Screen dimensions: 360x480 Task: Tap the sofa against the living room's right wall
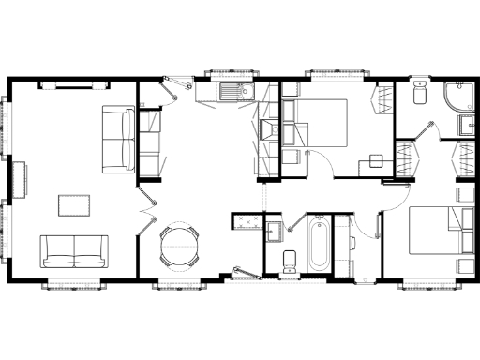point(119,140)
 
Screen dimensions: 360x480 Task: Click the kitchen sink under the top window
point(224,92)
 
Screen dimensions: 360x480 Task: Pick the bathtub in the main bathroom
point(317,244)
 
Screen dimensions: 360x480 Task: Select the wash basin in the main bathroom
point(275,229)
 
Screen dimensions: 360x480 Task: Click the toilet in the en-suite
point(418,95)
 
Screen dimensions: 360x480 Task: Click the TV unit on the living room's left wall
point(18,175)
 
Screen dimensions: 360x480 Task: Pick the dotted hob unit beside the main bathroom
point(248,223)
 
